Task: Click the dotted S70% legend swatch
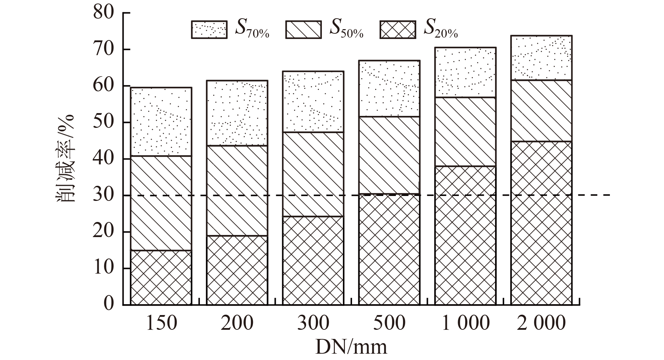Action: [x=209, y=30]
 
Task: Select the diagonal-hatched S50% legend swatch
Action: [x=303, y=30]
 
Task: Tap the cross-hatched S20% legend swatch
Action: [x=398, y=30]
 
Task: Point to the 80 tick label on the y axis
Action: [x=104, y=13]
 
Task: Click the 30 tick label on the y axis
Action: [x=104, y=195]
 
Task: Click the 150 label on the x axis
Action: [x=161, y=323]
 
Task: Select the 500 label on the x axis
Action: [x=389, y=323]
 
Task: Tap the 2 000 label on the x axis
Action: [x=541, y=323]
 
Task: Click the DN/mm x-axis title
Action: [x=351, y=347]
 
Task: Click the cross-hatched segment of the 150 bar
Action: [x=161, y=277]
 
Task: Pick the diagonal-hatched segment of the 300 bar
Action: [x=313, y=174]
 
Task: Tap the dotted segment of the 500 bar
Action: [x=389, y=89]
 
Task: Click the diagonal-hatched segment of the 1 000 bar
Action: [x=465, y=132]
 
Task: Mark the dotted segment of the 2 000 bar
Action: [x=541, y=58]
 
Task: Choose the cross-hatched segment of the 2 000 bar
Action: [x=541, y=223]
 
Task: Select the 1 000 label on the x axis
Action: [x=465, y=323]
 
